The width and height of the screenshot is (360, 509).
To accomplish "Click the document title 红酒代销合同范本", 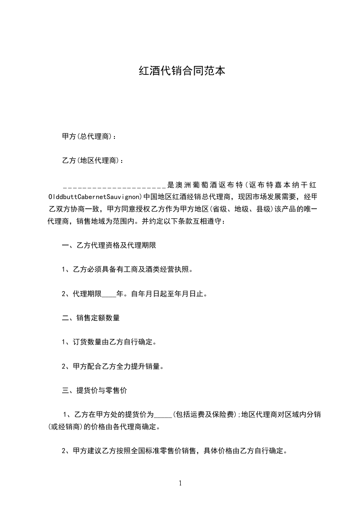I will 182,71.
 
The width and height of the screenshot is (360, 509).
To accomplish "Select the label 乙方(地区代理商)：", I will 92,160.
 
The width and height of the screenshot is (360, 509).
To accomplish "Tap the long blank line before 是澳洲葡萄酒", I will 114,186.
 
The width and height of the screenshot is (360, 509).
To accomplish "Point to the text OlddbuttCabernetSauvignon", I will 95,197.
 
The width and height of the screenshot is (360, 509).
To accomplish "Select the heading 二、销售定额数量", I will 91,318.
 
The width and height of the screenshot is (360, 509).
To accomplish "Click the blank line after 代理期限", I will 109,294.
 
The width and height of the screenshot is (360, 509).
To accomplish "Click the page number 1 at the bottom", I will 180,483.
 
